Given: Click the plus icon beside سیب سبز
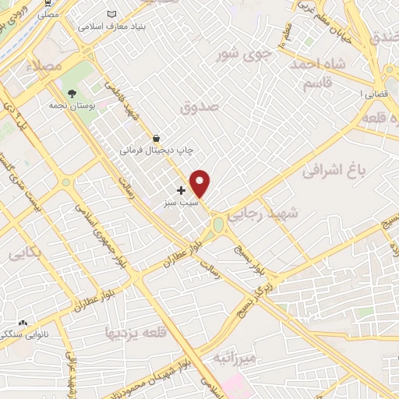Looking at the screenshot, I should (181, 190).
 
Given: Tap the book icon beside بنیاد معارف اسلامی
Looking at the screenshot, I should (113, 14).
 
